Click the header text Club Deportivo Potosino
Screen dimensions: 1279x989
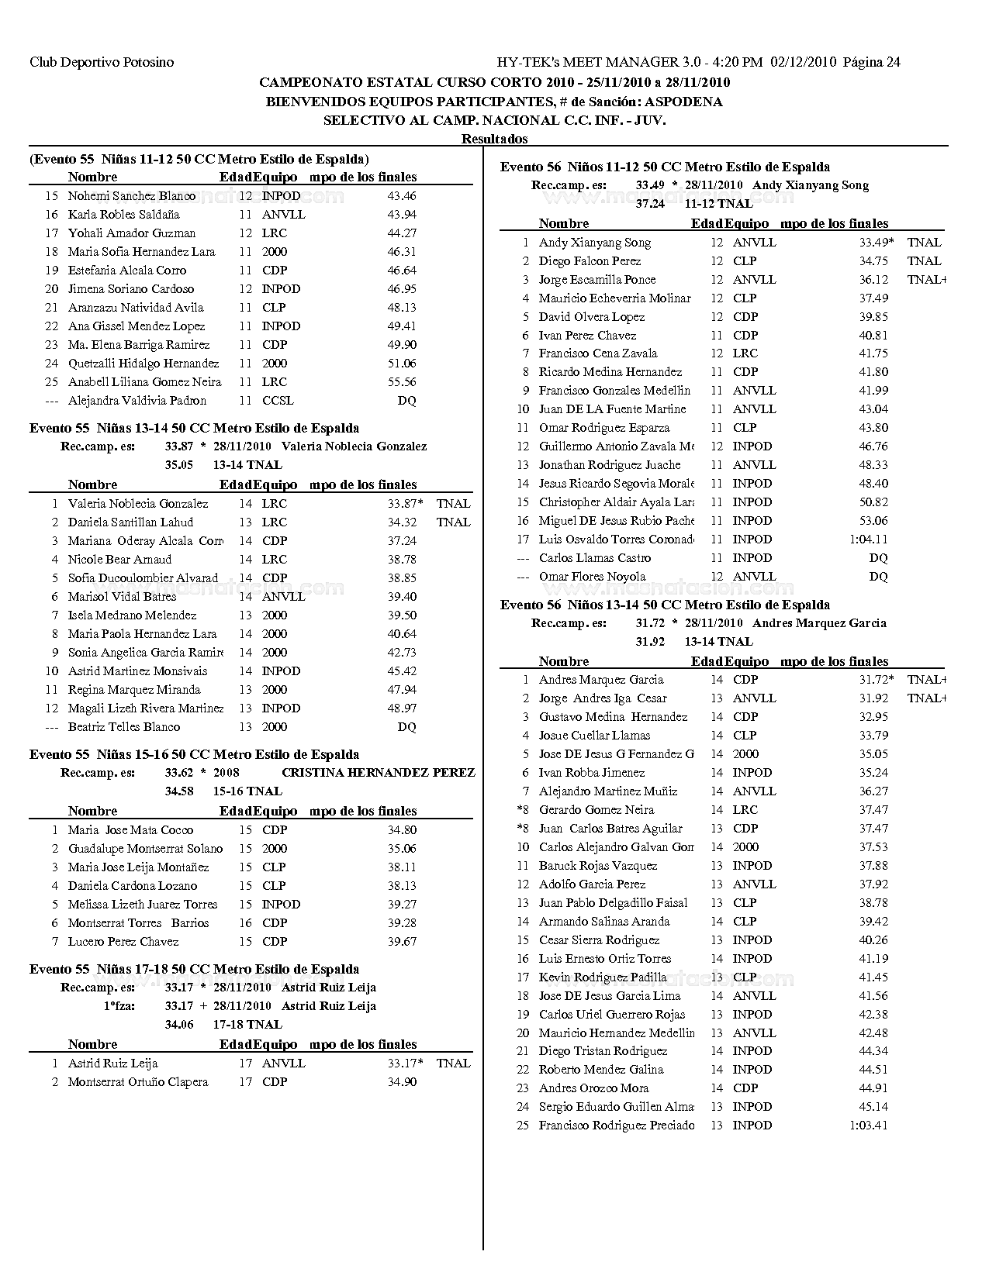click(x=102, y=62)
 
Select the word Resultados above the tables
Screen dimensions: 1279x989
click(x=494, y=139)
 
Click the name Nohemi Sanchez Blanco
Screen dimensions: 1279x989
click(x=132, y=196)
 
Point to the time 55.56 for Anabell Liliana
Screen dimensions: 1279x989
click(x=402, y=382)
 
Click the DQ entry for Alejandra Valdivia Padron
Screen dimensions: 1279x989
click(x=406, y=401)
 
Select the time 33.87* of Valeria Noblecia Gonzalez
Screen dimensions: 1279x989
click(x=405, y=504)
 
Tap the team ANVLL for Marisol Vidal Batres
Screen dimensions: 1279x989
click(x=283, y=597)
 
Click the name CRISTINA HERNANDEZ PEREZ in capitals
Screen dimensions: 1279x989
click(x=379, y=773)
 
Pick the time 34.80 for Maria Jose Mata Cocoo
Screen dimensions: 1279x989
click(x=402, y=830)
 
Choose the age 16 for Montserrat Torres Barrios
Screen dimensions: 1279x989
click(x=245, y=923)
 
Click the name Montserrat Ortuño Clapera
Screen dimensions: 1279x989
click(x=138, y=1082)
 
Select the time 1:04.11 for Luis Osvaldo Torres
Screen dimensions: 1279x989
click(x=869, y=540)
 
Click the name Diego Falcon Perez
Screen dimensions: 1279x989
click(x=590, y=261)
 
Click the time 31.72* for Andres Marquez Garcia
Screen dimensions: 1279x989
click(x=876, y=680)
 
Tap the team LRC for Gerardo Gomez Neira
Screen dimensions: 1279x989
click(x=745, y=810)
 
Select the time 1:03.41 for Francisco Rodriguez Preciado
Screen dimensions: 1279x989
click(x=869, y=1126)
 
